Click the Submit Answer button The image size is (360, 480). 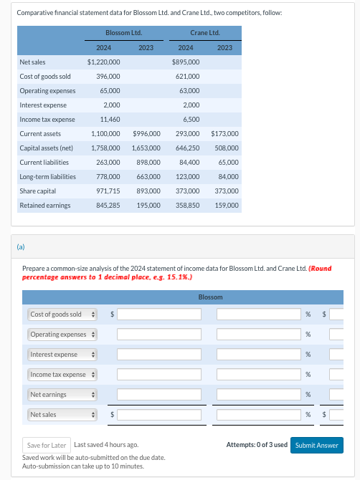coord(316,445)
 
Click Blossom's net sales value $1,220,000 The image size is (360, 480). coord(104,62)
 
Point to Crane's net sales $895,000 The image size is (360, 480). coord(186,62)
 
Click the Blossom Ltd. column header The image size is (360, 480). coord(123,33)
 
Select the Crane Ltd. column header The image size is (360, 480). coord(204,33)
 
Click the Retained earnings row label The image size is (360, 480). coord(45,206)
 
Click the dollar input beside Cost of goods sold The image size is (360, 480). coord(159,314)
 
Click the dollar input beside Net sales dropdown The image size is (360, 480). coord(159,415)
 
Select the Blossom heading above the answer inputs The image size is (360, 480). coord(210,297)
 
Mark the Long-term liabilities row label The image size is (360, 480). coord(47,177)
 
